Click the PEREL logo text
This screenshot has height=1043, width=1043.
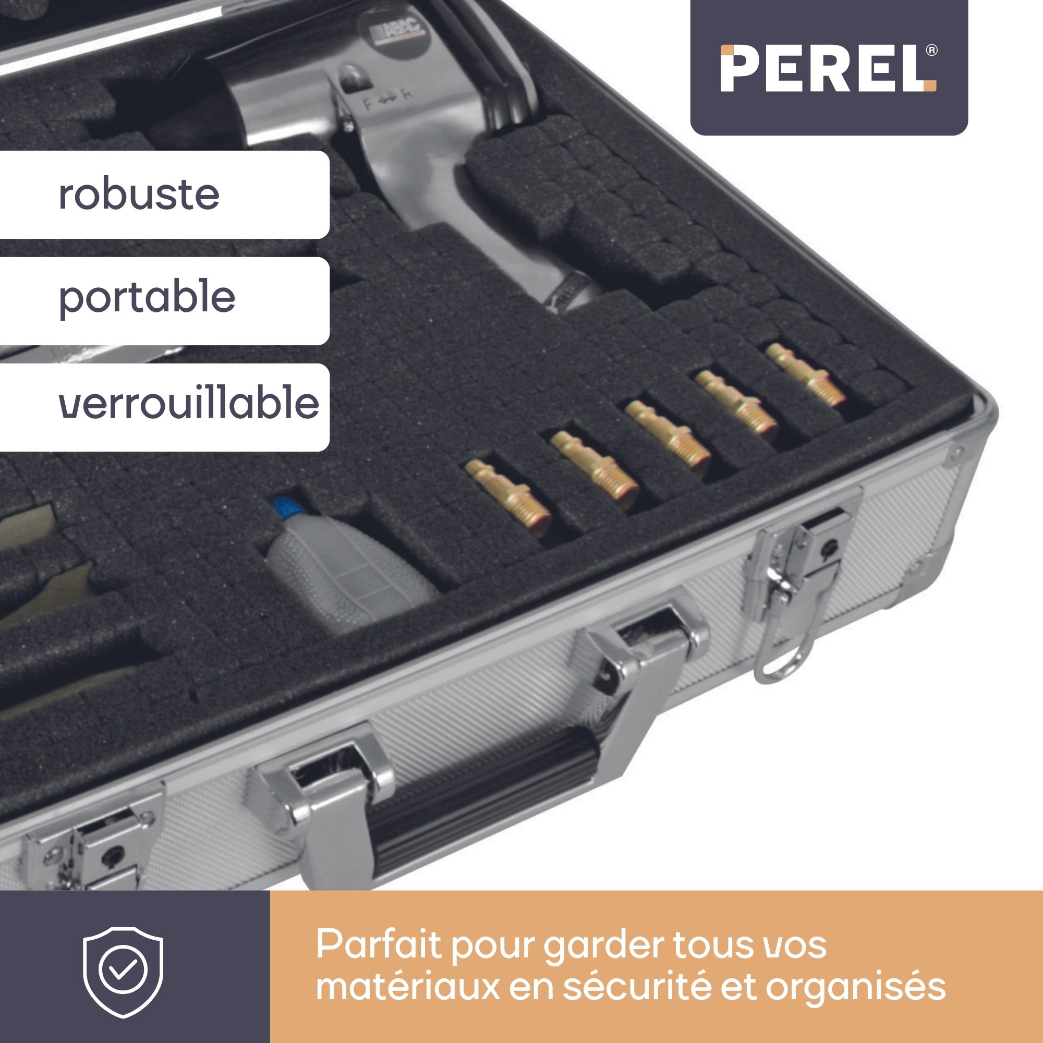click(828, 68)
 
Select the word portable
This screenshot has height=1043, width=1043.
click(147, 297)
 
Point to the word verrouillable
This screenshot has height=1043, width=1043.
click(189, 402)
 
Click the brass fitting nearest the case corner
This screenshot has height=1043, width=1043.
click(804, 374)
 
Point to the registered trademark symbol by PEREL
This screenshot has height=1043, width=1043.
click(931, 51)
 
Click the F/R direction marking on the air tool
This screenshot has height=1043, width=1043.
click(387, 103)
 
